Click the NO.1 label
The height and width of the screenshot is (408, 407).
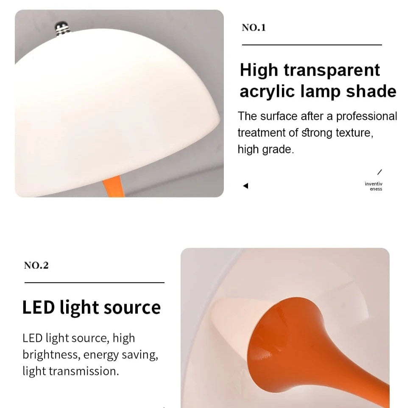pos(254,28)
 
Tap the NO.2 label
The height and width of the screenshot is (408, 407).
pos(36,266)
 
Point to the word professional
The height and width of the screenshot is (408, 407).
pos(367,116)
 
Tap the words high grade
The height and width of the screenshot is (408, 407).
pos(265,149)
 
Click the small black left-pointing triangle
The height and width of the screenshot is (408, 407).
pos(245,186)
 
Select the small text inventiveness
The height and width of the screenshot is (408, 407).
pos(374,186)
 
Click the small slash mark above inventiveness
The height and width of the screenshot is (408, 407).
pos(379,172)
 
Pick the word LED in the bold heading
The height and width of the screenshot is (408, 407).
pos(39,307)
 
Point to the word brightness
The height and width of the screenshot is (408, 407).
pos(51,355)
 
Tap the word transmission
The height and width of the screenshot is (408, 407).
pos(89,371)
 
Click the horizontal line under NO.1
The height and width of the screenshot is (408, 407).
pos(312,45)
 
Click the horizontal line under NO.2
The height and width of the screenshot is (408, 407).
pos(94,282)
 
